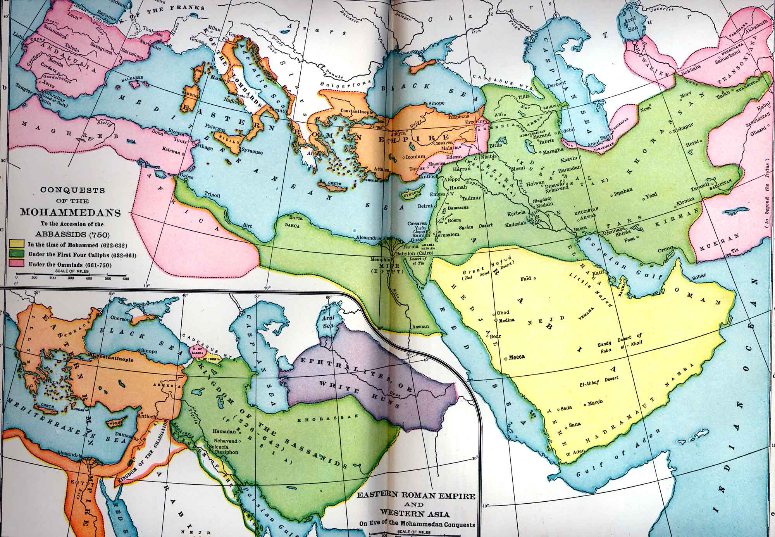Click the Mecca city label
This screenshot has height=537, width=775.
click(x=516, y=357)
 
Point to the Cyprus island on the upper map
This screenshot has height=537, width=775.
click(x=410, y=193)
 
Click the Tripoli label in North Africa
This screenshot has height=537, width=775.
click(x=212, y=196)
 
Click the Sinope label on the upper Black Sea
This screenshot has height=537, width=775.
click(x=436, y=104)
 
